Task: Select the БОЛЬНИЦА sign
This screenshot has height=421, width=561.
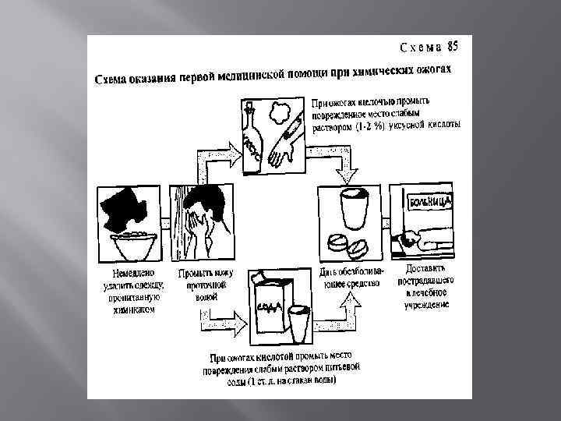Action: pos(428,203)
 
